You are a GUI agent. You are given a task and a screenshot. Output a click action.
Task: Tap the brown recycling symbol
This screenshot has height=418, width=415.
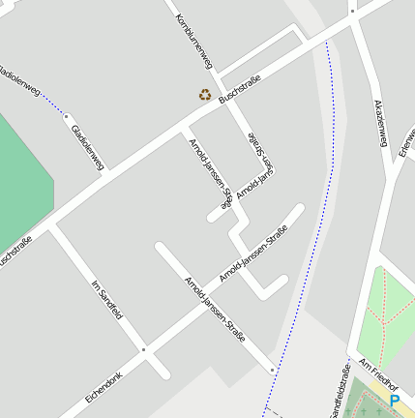click(x=205, y=94)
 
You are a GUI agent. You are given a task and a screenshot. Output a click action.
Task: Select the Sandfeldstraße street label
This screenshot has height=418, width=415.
click(x=341, y=395)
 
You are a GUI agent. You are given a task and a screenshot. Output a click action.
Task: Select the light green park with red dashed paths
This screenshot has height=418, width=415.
click(x=387, y=314)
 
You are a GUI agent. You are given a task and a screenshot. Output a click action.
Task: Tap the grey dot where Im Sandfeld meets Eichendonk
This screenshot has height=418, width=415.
click(x=143, y=348)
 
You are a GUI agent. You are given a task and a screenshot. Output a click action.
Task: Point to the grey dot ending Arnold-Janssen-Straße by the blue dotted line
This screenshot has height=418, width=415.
click(x=273, y=370)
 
